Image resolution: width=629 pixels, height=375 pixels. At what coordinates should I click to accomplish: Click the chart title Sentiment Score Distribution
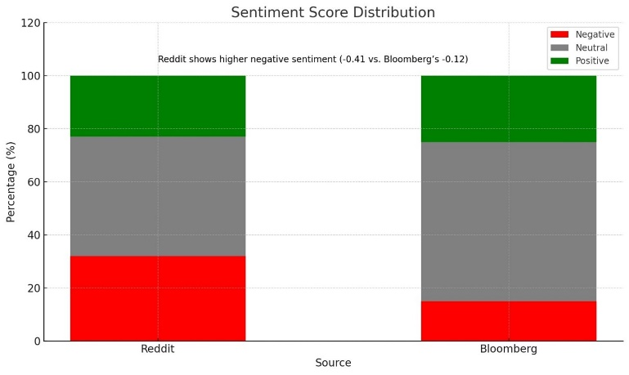click(x=333, y=12)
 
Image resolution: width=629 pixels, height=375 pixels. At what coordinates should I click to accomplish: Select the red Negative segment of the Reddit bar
click(x=158, y=298)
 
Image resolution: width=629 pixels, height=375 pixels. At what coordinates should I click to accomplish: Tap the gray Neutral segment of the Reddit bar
click(x=158, y=196)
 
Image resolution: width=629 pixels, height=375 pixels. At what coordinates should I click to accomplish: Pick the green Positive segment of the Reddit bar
click(x=158, y=105)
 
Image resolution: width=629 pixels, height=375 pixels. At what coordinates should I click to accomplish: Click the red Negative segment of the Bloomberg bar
click(x=508, y=321)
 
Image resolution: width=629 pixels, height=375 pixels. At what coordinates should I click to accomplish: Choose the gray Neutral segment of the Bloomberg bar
click(x=508, y=221)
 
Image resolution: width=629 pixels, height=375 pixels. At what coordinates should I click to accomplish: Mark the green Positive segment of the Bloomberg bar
click(x=508, y=109)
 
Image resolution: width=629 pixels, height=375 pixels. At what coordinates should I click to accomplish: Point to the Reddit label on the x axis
click(x=158, y=349)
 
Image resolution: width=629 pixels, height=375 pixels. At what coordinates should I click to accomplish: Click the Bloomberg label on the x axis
click(x=508, y=349)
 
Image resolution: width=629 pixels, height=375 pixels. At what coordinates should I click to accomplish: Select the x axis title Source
click(x=333, y=363)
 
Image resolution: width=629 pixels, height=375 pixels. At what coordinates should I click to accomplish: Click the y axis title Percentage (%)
click(x=11, y=181)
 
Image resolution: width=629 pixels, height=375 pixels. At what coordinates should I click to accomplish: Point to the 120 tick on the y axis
click(x=30, y=23)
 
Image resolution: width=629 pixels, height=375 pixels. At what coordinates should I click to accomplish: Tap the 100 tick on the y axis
click(x=30, y=76)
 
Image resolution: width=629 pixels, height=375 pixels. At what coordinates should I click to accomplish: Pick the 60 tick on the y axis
click(x=33, y=182)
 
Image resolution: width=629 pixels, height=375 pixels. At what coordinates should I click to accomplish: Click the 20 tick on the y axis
click(x=33, y=288)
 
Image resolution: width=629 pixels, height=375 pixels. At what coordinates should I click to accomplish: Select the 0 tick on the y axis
click(x=36, y=341)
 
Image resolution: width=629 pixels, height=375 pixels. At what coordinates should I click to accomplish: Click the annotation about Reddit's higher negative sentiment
click(x=312, y=60)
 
